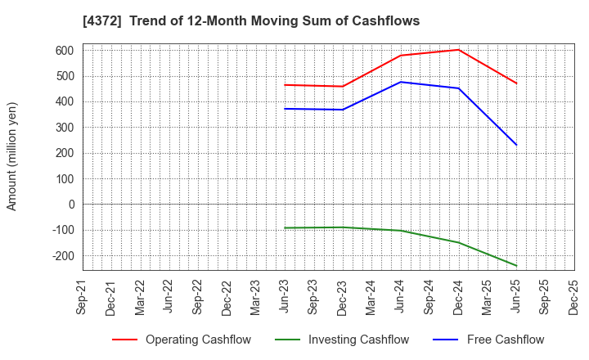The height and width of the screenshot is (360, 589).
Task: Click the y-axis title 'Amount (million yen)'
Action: pyautogui.click(x=12, y=156)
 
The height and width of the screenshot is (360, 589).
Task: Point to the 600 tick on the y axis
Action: pyautogui.click(x=65, y=51)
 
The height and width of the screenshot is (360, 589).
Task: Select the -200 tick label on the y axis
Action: pyautogui.click(x=62, y=255)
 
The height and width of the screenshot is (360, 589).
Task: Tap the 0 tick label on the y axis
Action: pyautogui.click(x=71, y=205)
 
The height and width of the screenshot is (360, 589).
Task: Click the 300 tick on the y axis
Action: pyautogui.click(x=65, y=128)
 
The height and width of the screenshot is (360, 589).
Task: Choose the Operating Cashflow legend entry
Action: pyautogui.click(x=182, y=340)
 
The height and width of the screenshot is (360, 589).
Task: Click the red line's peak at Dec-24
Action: pyautogui.click(x=459, y=50)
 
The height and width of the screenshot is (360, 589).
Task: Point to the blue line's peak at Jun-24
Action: pyautogui.click(x=401, y=82)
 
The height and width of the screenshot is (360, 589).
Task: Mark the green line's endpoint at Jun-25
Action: pyautogui.click(x=516, y=265)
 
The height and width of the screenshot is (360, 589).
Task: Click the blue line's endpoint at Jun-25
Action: pyautogui.click(x=516, y=145)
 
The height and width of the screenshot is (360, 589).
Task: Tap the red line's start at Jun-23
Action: pyautogui.click(x=285, y=85)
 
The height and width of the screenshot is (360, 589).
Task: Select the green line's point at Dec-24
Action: pyautogui.click(x=459, y=243)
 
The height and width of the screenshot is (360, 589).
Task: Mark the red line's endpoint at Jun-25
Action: pyautogui.click(x=516, y=83)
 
